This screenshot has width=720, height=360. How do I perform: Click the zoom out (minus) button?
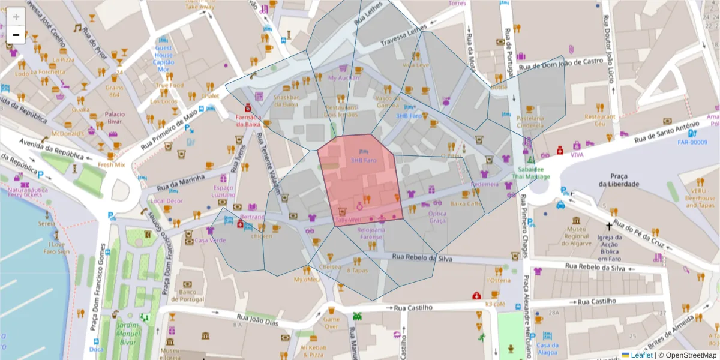click(x=16, y=35)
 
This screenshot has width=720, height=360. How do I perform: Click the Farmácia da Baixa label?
click(x=248, y=121)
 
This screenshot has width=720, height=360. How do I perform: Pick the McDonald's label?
click(x=67, y=134)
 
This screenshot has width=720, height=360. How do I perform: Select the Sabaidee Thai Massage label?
click(x=530, y=173)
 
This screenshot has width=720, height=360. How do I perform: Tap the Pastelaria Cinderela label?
click(x=530, y=122)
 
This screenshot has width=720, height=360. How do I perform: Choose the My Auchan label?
click(x=344, y=77)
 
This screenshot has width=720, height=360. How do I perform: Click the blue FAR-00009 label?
click(x=692, y=142)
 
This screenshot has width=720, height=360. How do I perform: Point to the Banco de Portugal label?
click(x=188, y=296)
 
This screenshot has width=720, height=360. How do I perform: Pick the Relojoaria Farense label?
click(x=370, y=233)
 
